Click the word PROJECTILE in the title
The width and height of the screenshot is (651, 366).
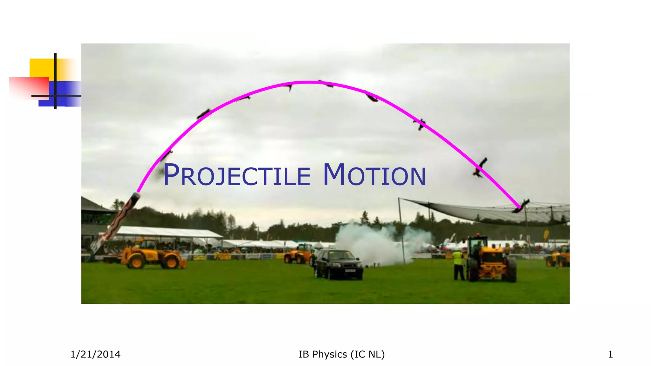(237, 176)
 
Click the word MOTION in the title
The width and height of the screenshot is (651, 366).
(374, 176)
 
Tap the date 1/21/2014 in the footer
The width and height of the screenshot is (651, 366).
(95, 354)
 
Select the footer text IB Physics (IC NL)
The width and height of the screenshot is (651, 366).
(341, 354)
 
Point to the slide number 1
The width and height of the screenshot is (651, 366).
(610, 354)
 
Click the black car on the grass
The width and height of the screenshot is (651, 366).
(338, 264)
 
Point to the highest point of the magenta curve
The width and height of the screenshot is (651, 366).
(308, 82)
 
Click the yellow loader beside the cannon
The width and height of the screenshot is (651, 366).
(153, 254)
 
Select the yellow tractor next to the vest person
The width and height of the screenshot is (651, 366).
(491, 259)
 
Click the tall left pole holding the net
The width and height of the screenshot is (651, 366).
(401, 229)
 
